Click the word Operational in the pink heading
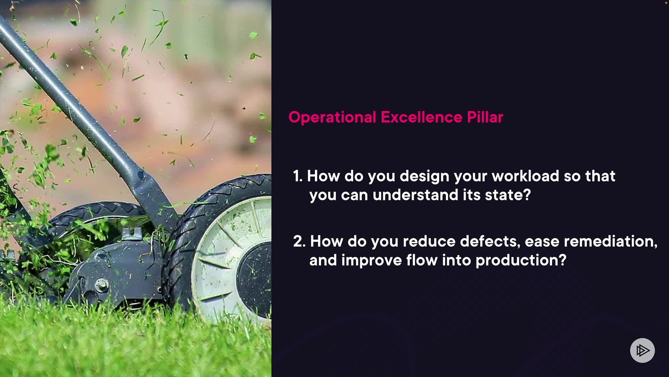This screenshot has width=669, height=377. [x=332, y=118]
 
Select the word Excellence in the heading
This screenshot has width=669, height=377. [x=422, y=117]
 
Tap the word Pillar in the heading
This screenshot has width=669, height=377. [x=485, y=117]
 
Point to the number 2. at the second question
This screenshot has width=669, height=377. [x=299, y=241]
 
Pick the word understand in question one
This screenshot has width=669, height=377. [x=415, y=195]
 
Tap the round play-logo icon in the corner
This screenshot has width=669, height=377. [x=642, y=350]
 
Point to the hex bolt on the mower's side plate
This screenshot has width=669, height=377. [x=101, y=285]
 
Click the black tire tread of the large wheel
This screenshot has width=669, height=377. [x=181, y=244]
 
